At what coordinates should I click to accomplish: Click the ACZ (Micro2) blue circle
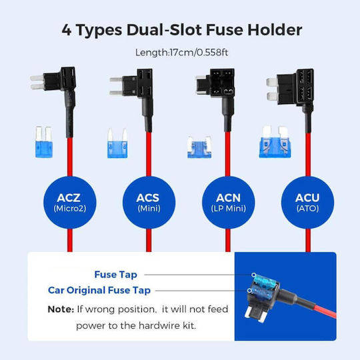point(70,203)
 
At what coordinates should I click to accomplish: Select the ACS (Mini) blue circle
point(149,203)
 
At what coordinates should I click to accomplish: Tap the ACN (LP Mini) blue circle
point(228,203)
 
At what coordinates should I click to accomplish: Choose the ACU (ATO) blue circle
point(307,203)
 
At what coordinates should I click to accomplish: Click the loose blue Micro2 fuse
point(44,142)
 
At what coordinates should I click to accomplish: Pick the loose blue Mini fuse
point(117,143)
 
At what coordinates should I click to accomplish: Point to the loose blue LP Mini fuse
point(199,147)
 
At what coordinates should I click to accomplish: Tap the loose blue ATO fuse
point(275,142)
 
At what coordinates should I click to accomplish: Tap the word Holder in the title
point(275,30)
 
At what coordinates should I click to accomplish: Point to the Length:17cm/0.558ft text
point(181,53)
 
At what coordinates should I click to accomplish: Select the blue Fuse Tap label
point(116,275)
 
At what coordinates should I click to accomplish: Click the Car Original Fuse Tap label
point(99,291)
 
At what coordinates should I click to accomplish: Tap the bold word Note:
point(61,309)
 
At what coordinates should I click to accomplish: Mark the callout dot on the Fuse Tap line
point(253,275)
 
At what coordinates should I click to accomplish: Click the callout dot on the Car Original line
point(249,291)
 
